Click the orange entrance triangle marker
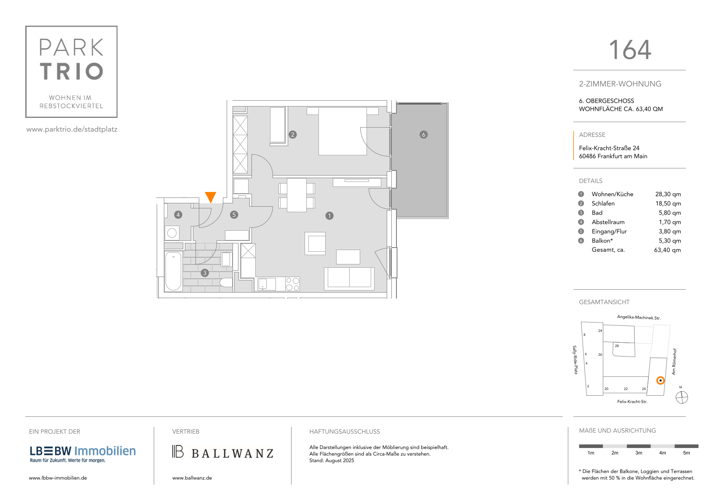coord(211,197)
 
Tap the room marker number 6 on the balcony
coord(423,135)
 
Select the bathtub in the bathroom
coord(173,271)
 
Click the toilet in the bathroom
coord(226,282)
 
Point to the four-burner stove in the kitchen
coord(292,284)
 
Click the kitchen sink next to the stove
coord(267,284)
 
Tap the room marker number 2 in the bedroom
coord(292,135)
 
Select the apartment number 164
coord(630,50)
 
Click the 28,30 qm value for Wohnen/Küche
coord(668,194)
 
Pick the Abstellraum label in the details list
coord(608,222)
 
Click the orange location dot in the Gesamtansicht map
coord(660,381)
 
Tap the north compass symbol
coord(682,397)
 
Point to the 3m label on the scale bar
coord(639,453)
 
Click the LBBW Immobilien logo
coord(83,453)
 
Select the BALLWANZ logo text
coord(233,453)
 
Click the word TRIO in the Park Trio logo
coord(72,71)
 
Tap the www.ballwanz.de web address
coord(192,478)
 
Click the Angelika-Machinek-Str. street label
coord(639,317)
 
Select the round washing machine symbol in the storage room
coord(172,233)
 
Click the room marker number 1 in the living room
coord(329,216)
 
